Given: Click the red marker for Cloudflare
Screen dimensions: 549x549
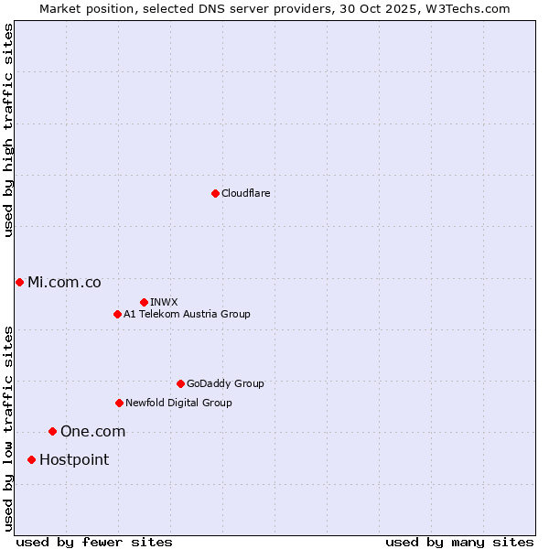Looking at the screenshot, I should click(215, 193).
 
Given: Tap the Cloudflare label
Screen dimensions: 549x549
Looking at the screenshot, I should click(245, 194).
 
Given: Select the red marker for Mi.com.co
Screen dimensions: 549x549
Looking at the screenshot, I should click(19, 282).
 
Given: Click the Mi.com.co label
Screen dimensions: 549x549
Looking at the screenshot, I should click(64, 283).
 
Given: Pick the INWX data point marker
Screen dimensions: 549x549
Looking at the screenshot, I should click(144, 302).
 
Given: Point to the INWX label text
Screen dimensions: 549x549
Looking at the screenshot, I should click(164, 303).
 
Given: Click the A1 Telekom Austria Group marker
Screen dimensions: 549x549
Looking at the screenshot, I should click(117, 314).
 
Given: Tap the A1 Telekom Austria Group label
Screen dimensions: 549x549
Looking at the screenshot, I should click(187, 315).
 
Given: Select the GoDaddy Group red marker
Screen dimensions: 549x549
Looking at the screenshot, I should click(180, 383).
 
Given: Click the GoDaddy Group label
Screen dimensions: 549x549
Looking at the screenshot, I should click(224, 384).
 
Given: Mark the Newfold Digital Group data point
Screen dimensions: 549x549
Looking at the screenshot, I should click(119, 403).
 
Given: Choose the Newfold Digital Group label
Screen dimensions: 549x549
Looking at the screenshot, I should click(178, 404).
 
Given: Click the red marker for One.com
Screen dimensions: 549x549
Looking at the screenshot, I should click(52, 431).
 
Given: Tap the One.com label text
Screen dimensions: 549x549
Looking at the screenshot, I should click(92, 432).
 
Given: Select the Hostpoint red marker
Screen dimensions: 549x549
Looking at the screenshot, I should click(31, 459).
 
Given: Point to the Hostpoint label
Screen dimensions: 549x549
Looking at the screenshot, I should click(73, 460).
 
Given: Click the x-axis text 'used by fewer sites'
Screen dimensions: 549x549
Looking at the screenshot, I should click(94, 542).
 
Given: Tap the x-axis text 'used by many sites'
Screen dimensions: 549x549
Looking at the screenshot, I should click(459, 542).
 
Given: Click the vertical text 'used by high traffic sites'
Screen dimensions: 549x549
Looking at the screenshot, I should click(9, 130).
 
